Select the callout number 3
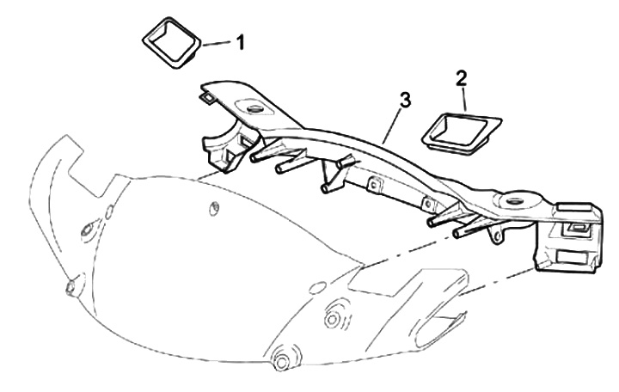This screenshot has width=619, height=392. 405,99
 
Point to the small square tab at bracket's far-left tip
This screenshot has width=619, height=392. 205,97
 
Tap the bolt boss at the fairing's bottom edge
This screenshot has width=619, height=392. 281,357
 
